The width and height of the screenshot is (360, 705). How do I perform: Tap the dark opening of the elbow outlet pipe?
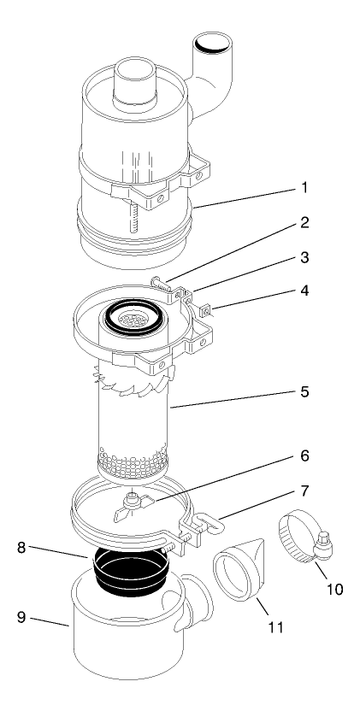[210, 41]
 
